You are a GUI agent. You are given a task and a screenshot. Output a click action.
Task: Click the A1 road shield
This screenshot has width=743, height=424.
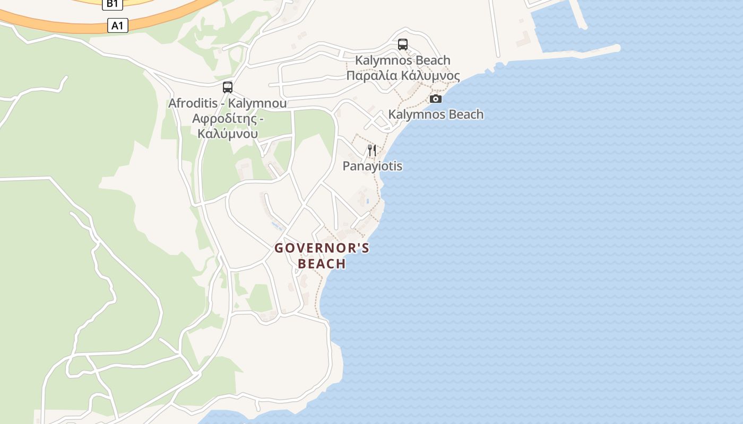(x=118, y=25)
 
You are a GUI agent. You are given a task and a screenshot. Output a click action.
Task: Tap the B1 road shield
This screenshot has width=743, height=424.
(x=113, y=4)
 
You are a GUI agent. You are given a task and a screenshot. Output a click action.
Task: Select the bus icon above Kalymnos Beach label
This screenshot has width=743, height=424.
(x=403, y=45)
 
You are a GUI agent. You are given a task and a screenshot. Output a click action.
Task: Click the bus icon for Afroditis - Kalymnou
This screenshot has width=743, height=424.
(x=228, y=87)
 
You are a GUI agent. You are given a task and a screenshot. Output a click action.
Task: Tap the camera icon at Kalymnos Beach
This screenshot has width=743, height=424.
(x=436, y=99)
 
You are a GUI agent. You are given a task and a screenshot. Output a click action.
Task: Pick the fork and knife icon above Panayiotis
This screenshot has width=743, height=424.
(x=372, y=151)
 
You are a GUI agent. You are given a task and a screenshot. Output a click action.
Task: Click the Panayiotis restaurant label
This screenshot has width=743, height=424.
(x=372, y=166)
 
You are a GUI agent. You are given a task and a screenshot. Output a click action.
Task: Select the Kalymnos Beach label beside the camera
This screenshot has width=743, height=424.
(x=436, y=114)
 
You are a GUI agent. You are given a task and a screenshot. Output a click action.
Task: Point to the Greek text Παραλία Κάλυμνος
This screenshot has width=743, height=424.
(x=403, y=75)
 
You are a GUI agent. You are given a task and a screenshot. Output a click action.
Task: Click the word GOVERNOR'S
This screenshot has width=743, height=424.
(x=322, y=248)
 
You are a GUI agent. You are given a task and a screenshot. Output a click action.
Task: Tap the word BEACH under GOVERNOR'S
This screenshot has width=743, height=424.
(x=322, y=263)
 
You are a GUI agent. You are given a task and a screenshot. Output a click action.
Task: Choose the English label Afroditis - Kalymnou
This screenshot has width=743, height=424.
(x=228, y=103)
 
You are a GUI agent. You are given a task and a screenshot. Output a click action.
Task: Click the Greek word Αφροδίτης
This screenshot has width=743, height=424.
(x=228, y=118)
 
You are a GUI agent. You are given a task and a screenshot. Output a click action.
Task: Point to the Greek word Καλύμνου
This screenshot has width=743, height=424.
(x=228, y=133)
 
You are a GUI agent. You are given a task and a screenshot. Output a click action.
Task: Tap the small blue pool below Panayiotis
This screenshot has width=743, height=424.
(x=368, y=201)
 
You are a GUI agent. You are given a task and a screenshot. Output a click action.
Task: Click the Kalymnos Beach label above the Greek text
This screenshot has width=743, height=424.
(x=403, y=60)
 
